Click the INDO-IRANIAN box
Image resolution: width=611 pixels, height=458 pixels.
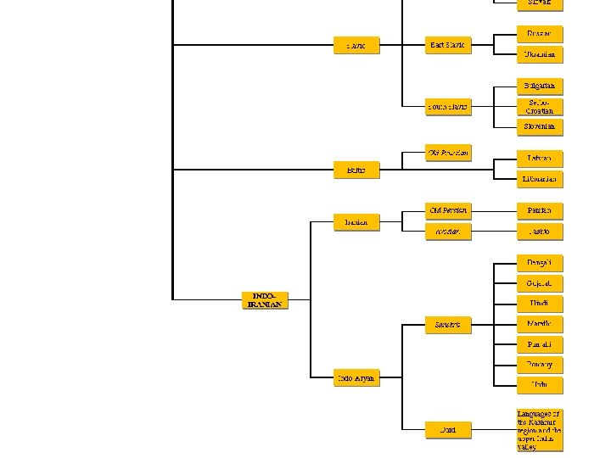pos(265,299)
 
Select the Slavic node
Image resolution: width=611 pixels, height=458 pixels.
pos(356,45)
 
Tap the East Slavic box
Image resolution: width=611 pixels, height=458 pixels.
pos(447,45)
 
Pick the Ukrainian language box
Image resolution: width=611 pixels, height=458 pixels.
pos(539,54)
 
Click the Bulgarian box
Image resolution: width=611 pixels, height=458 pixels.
pos(539,86)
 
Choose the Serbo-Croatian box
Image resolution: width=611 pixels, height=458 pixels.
pos(539,106)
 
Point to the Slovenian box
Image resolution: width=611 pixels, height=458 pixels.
pos(539,126)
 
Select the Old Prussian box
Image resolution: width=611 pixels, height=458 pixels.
pos(447,153)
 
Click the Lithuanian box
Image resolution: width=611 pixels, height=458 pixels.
pos(539,179)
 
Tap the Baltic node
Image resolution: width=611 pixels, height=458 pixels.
pos(356,170)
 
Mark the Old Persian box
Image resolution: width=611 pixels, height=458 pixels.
pos(447,209)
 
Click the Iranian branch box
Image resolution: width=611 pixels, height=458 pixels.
pos(356,221)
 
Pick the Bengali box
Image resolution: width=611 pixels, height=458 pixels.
pos(539,263)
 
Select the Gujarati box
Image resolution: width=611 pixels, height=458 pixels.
pos(539,283)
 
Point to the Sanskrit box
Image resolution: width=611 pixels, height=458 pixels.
pos(447,324)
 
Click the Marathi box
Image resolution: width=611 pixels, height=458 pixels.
pos(539,324)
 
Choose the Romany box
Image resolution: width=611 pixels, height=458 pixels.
pos(539,365)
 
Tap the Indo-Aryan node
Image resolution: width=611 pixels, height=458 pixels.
pos(356,377)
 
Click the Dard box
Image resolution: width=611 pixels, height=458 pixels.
pos(447,430)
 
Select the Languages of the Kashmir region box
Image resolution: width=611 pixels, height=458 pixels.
pos(539,430)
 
